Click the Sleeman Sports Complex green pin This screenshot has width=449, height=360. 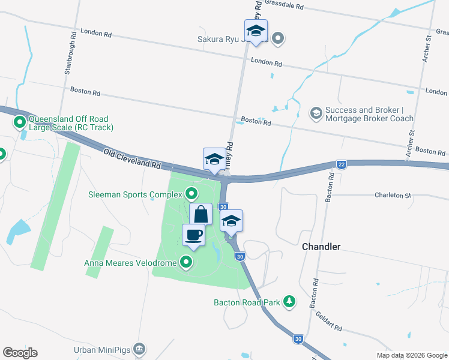[191, 193]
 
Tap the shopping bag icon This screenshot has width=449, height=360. [200, 214]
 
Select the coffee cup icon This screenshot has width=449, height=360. [193, 235]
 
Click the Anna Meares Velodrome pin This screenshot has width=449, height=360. [186, 262]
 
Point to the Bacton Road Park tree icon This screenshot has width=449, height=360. [289, 301]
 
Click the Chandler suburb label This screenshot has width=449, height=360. [321, 247]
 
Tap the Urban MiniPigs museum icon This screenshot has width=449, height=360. [139, 349]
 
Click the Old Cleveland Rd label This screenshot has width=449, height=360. [132, 158]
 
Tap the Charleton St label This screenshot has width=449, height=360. [392, 195]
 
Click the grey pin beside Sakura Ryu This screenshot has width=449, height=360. [277, 40]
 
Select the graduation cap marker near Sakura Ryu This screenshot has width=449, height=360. [256, 31]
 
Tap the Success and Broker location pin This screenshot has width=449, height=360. [315, 113]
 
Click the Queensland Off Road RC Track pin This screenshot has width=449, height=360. [20, 123]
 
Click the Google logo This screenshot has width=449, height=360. [20, 353]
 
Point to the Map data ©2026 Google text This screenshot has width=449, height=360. [411, 355]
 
